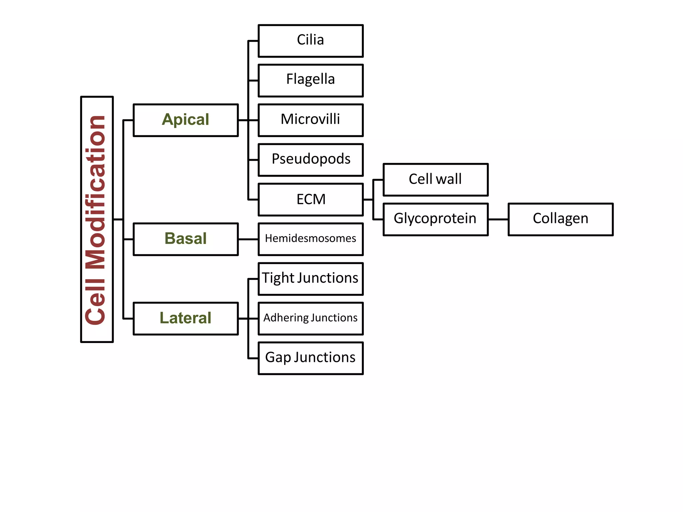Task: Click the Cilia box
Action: (310, 41)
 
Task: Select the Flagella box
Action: (310, 80)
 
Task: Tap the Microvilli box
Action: (310, 120)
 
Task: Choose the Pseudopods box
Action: (310, 160)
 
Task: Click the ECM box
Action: (310, 199)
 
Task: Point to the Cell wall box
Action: (436, 180)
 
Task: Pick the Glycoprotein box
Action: (436, 219)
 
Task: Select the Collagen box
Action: (560, 219)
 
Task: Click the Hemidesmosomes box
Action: (310, 239)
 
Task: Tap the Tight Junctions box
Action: (310, 279)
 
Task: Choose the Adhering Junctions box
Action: (310, 318)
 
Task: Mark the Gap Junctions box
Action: (310, 358)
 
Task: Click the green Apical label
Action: (185, 120)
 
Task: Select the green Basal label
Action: (185, 239)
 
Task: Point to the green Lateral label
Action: (185, 318)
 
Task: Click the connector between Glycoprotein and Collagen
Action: (498, 219)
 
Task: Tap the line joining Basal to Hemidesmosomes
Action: (248, 239)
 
